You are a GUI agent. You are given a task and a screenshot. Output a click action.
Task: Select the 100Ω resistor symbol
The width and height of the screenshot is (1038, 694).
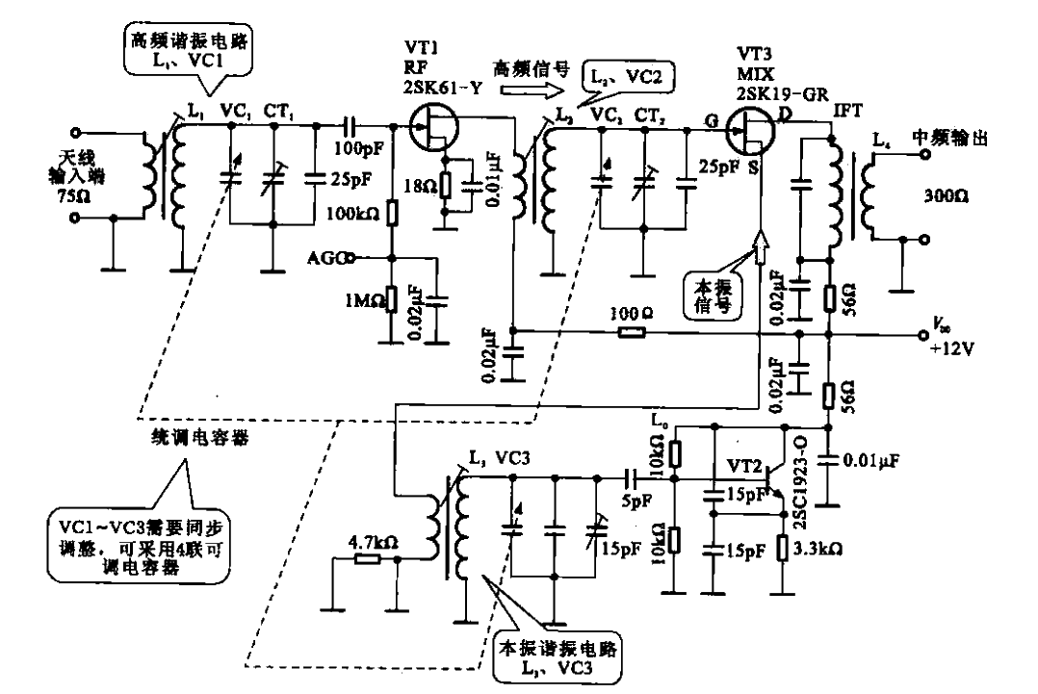point(632,335)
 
